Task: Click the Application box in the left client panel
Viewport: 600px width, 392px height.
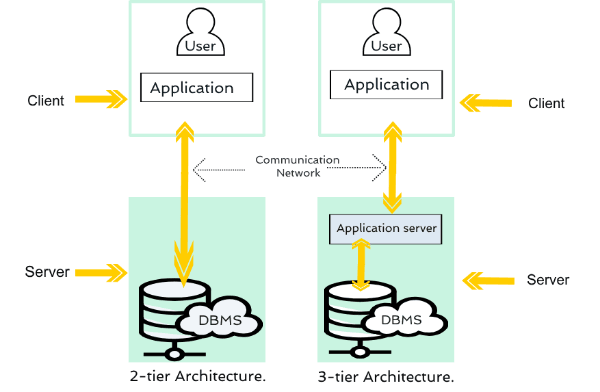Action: tap(196, 88)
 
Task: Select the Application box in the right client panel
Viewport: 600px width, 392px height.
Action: tap(386, 85)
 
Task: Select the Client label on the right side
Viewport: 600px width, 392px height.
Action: tap(546, 103)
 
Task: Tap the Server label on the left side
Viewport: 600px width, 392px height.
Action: tap(46, 271)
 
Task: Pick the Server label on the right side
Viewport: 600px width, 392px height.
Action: tap(548, 280)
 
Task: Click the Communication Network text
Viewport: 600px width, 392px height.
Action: tap(297, 166)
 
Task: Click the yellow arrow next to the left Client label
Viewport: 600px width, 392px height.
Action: tap(101, 99)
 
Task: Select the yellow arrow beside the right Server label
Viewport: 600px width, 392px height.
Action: tap(487, 279)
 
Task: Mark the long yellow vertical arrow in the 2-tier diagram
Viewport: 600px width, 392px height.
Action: tap(184, 200)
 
